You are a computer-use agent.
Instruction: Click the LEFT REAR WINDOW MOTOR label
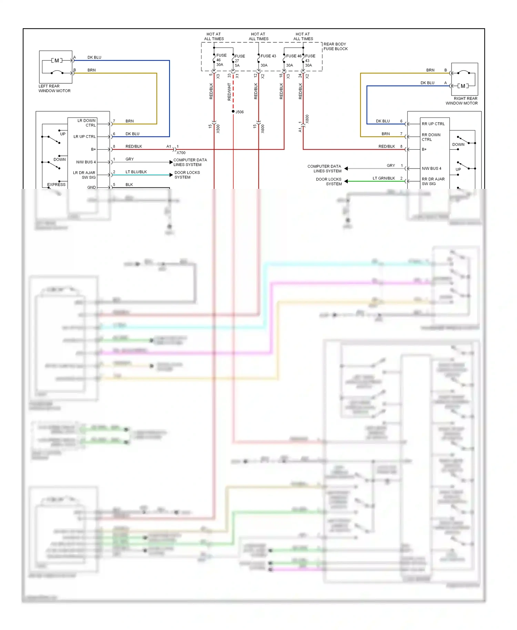tap(54, 89)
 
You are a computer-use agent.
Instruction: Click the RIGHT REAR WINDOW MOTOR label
tap(462, 101)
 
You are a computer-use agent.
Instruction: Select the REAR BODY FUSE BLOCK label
tap(335, 47)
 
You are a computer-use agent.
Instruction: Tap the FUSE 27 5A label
tap(239, 61)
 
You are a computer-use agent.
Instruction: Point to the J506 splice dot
tap(233, 111)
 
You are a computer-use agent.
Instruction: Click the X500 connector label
tap(218, 129)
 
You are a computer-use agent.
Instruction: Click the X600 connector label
tap(263, 129)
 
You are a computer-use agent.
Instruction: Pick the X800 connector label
tap(307, 119)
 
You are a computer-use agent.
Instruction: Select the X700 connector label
tap(181, 153)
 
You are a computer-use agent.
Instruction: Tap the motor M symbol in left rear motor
tap(57, 61)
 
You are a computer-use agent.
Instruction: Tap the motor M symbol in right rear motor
tap(463, 86)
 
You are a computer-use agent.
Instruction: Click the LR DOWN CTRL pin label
tap(87, 123)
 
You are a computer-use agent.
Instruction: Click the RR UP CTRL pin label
tap(433, 124)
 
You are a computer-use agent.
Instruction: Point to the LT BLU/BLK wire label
tap(136, 172)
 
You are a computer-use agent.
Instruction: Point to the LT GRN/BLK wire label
tap(384, 178)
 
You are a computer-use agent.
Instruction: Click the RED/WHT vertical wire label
tap(229, 92)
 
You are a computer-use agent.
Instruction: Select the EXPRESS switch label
tap(56, 184)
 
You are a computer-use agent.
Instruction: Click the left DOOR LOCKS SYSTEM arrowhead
tap(171, 175)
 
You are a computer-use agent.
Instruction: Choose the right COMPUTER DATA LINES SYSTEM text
tap(324, 169)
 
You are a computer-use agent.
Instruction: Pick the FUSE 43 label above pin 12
tap(268, 56)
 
